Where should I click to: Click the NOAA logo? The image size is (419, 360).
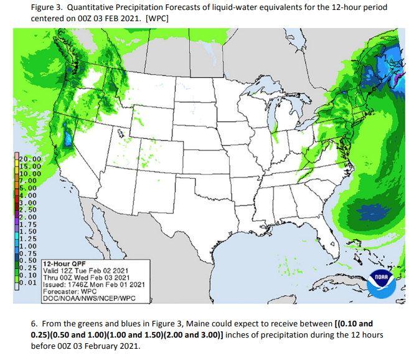pos(380,280)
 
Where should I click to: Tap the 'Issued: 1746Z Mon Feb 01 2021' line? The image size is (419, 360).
pos(94,284)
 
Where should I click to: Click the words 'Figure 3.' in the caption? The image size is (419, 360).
pos(48,7)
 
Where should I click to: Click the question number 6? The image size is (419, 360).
pos(34,324)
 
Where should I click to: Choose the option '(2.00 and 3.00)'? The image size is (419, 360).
pos(197,334)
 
